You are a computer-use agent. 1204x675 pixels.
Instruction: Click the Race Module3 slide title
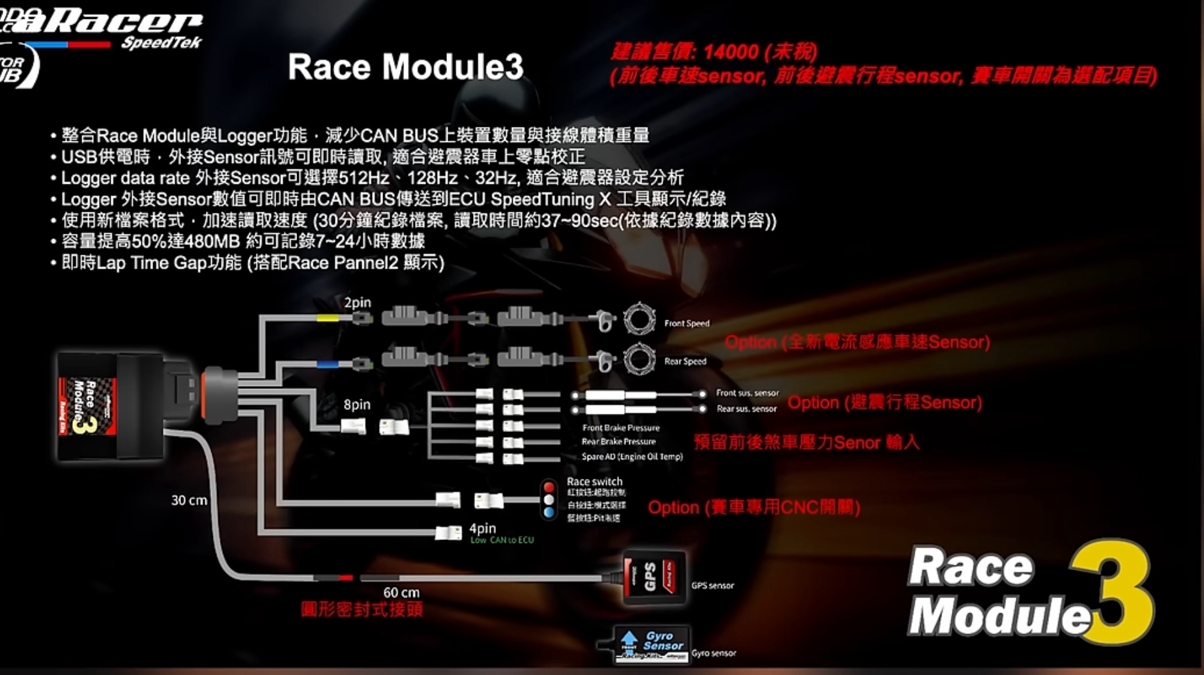click(405, 67)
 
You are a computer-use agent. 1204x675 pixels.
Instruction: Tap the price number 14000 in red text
click(731, 52)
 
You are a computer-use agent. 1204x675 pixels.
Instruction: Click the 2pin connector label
click(357, 302)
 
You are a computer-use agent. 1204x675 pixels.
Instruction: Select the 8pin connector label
click(356, 405)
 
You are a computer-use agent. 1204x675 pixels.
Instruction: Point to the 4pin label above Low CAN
click(482, 528)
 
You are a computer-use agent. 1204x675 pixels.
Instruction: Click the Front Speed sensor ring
click(639, 320)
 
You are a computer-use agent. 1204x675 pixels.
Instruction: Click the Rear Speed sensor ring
click(639, 358)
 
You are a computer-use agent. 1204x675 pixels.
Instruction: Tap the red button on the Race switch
click(549, 487)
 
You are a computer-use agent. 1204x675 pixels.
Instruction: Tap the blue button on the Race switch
click(549, 512)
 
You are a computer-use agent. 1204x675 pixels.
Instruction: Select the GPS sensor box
click(654, 577)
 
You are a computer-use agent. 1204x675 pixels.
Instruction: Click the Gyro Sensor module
click(652, 644)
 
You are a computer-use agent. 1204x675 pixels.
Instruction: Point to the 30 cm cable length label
click(189, 500)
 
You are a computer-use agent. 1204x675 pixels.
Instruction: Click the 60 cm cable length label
click(401, 592)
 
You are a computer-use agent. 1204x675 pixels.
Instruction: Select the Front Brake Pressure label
click(621, 428)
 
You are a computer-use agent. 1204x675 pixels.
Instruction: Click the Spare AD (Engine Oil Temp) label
click(632, 457)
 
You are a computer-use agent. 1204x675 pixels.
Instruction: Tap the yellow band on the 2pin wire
click(327, 319)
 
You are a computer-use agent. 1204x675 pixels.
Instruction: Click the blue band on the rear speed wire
click(327, 364)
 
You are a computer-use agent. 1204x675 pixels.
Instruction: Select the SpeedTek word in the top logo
click(162, 43)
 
